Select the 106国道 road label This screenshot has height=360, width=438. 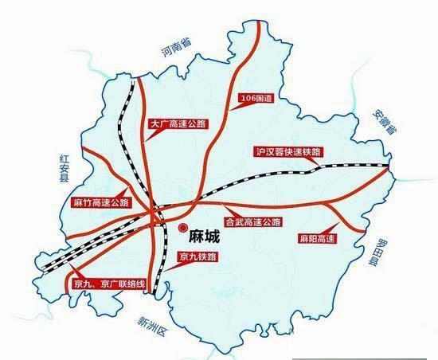[256, 100]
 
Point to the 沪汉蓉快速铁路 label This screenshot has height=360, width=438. [283, 151]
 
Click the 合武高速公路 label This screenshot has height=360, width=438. [253, 221]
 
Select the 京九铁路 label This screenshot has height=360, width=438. [197, 257]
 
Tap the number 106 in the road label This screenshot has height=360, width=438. [248, 100]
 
